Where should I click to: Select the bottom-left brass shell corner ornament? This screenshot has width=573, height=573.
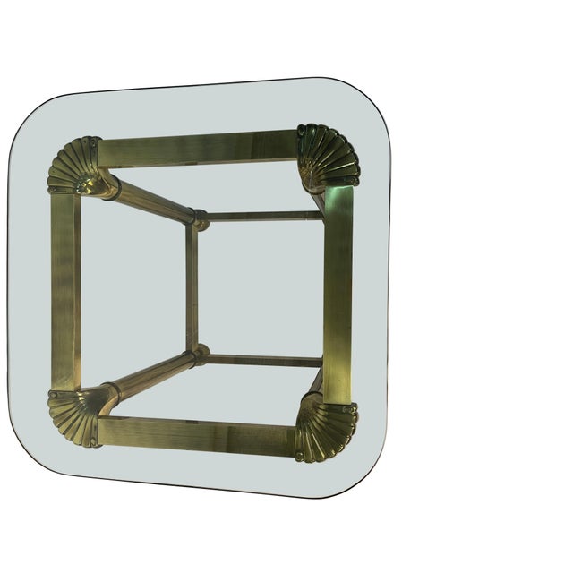(x=73, y=416)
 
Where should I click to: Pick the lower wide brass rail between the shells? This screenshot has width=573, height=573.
(x=197, y=435)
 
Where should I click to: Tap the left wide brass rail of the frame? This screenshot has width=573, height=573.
(x=65, y=291)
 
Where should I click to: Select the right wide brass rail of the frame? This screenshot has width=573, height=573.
(x=338, y=291)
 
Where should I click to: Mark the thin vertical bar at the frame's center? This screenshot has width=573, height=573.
(x=192, y=286)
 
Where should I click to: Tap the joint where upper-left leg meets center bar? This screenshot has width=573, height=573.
(x=198, y=218)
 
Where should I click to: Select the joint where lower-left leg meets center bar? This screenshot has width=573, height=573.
(x=198, y=356)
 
